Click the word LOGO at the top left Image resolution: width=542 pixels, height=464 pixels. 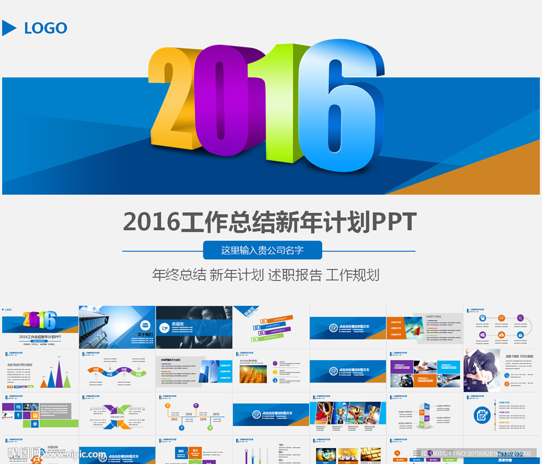pos(46,28)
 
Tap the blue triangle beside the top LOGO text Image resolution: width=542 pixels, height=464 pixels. pos(8,28)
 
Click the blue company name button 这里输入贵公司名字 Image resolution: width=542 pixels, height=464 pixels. pos(263,250)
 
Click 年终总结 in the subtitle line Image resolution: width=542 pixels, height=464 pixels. pos(179,275)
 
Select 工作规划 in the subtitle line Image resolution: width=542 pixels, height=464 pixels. pos(353,275)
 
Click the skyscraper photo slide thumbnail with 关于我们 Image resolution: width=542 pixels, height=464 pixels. pos(117,327)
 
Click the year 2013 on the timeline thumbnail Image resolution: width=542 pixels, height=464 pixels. pos(188,414)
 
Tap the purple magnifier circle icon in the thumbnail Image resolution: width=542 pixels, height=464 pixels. pos(521,318)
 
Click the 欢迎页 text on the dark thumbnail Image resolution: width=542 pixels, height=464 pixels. pos(178,324)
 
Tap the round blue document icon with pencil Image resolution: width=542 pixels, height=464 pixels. pos(481,415)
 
